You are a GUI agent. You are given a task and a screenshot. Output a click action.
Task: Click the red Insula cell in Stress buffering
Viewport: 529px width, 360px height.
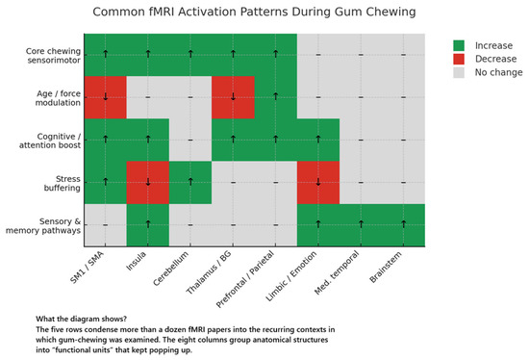click(x=148, y=182)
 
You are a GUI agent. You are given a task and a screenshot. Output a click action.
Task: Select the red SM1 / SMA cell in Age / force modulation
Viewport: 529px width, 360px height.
click(x=106, y=97)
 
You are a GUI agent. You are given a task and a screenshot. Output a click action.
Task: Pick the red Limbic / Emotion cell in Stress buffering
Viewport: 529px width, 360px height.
click(x=318, y=182)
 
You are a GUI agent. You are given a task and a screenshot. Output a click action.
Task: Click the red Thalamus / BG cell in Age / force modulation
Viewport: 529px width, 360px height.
click(x=234, y=97)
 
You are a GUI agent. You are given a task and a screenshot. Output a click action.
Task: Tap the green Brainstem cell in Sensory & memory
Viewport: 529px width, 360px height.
click(x=404, y=225)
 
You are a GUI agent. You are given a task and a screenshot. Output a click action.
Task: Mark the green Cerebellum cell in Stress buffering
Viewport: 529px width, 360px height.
click(x=190, y=182)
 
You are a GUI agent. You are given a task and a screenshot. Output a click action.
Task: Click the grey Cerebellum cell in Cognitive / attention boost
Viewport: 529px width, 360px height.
click(x=190, y=140)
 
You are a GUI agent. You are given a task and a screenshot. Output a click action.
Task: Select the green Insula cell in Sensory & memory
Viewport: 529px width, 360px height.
click(x=148, y=225)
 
